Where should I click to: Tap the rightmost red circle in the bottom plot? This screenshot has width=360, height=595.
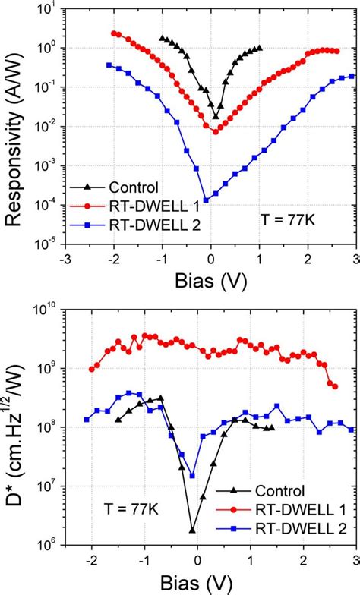click(x=335, y=386)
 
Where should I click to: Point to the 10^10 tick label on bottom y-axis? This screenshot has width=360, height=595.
click(x=46, y=310)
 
